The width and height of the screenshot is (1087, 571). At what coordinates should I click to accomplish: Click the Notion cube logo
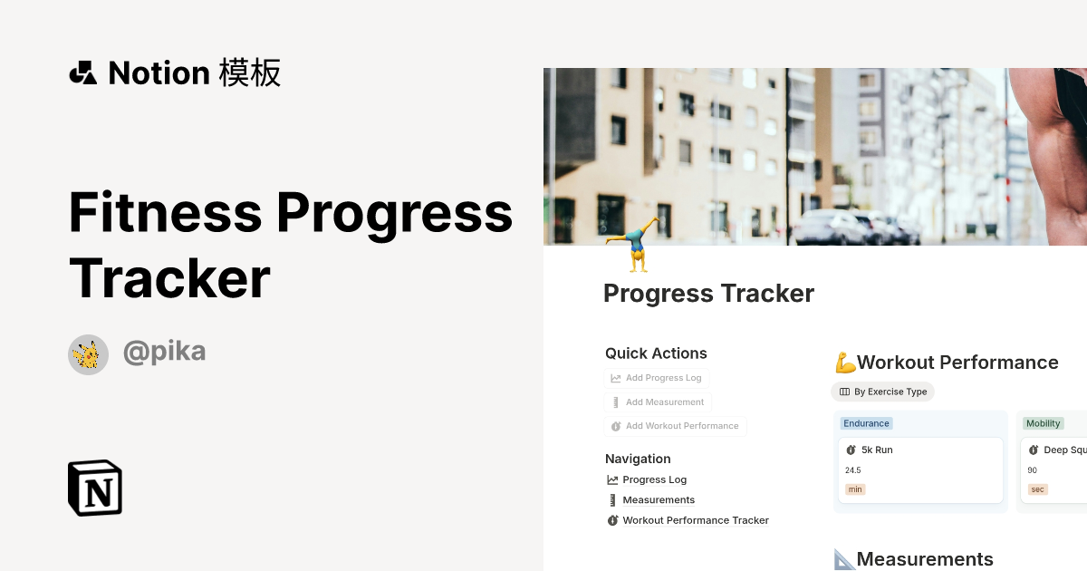95,488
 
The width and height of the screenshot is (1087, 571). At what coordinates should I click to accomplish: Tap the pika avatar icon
88,354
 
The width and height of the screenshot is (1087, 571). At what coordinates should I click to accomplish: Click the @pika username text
164,352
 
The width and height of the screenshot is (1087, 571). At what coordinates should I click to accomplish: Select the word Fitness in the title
165,212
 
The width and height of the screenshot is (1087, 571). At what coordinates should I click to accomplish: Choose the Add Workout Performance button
675,426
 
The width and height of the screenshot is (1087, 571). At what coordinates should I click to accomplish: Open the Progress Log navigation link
654,479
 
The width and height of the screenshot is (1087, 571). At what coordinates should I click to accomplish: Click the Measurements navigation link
659,499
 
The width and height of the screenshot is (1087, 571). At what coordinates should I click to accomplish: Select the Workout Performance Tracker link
695,520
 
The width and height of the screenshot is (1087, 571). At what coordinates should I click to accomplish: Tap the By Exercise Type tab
883,392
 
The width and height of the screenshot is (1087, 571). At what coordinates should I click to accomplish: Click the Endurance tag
867,423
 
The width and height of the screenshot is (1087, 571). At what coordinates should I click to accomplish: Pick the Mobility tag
1043,423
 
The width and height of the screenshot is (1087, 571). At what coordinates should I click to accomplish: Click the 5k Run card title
877,450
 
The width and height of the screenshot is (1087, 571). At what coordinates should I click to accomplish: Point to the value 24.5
852,470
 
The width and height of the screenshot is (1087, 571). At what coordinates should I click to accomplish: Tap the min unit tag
854,489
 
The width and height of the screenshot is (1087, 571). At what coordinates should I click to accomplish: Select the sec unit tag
1038,489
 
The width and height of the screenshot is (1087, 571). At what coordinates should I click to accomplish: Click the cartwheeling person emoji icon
635,246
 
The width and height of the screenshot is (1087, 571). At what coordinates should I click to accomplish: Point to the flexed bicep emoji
845,363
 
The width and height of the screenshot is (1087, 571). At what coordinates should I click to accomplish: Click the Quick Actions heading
656,353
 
